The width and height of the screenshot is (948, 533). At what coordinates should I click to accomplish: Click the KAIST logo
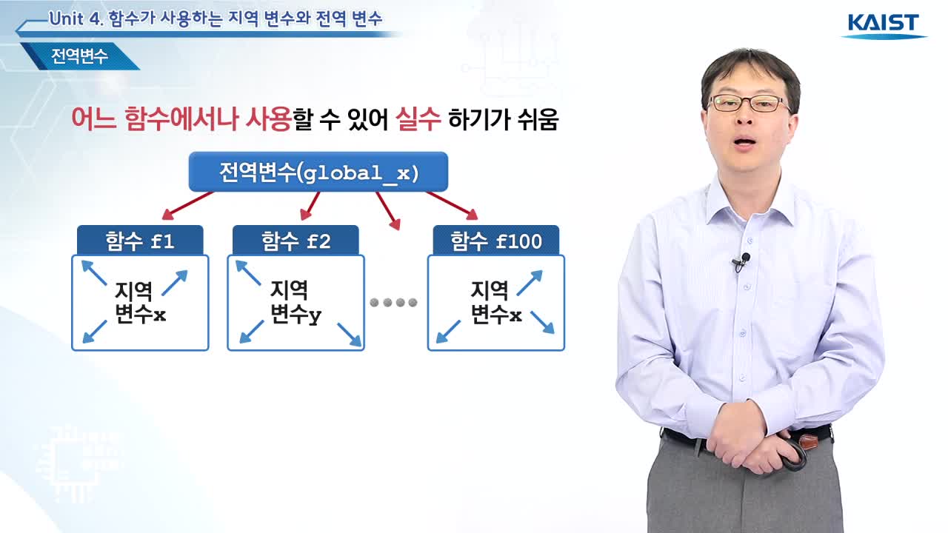point(884,25)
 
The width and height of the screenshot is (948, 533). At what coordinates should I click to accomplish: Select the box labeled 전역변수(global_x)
point(318,172)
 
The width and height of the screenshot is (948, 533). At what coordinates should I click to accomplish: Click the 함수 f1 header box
point(140,241)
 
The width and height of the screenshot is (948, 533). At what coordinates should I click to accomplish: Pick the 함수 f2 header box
point(296,241)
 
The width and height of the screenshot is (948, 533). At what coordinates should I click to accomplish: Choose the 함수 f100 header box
point(496,241)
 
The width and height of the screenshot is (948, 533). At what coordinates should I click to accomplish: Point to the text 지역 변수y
point(296,302)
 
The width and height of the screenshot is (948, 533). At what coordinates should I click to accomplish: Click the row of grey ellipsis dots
point(393,303)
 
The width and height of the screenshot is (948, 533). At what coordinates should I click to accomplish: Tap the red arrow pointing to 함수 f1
point(187,206)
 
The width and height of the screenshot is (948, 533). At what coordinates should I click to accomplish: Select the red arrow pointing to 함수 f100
point(452,206)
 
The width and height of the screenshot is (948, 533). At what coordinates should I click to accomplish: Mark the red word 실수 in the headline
point(418,119)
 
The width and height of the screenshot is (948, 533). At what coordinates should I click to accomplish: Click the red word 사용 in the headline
point(268,119)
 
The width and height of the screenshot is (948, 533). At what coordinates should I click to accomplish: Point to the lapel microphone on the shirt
point(741,262)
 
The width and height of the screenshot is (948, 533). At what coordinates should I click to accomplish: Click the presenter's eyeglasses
point(748,104)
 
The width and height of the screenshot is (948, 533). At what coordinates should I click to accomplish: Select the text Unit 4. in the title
point(76,19)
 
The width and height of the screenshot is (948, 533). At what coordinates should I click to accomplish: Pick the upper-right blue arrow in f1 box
point(174,283)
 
